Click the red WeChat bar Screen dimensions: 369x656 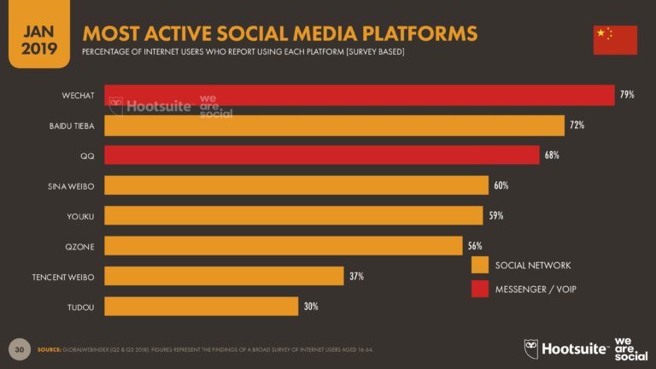359,95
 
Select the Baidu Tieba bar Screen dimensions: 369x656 334,126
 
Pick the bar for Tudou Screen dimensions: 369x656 202,306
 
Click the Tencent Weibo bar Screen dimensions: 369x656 224,276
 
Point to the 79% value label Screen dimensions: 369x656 627,95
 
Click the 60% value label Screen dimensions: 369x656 500,185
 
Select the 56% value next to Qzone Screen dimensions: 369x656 474,246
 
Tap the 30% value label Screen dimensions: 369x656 311,306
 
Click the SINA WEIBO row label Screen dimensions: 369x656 71,185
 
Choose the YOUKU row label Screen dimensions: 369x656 80,215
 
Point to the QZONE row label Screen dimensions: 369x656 80,246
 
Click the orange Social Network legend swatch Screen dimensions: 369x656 479,266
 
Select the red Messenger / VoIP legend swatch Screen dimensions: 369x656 479,290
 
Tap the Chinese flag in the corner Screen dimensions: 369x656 615,40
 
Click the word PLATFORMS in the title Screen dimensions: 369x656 409,34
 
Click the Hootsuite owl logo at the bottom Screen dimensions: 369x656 531,348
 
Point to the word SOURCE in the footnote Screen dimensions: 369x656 52,350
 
